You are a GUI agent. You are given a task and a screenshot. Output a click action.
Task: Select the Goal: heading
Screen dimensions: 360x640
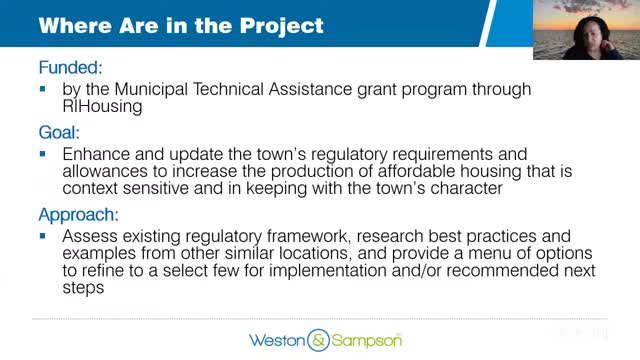click(x=59, y=131)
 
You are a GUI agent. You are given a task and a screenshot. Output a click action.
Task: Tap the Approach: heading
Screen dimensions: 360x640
click(x=77, y=215)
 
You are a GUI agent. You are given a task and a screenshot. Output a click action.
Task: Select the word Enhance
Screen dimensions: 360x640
click(x=98, y=154)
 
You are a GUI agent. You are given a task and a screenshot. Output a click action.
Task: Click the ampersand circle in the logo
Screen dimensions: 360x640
click(x=319, y=338)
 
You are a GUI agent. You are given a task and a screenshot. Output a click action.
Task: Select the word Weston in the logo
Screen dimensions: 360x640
click(x=277, y=338)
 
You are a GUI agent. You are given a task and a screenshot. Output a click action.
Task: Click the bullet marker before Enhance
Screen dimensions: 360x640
click(x=43, y=155)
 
